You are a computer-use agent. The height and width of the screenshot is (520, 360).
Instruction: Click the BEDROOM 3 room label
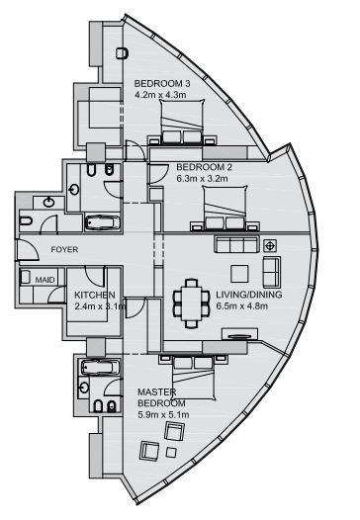click(163, 83)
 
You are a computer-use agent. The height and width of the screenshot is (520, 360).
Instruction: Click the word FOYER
click(38, 251)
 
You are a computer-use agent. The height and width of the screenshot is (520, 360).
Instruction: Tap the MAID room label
click(45, 281)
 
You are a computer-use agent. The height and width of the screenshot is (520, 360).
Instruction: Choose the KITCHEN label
click(96, 295)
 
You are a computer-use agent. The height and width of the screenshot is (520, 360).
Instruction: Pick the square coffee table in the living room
click(238, 273)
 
